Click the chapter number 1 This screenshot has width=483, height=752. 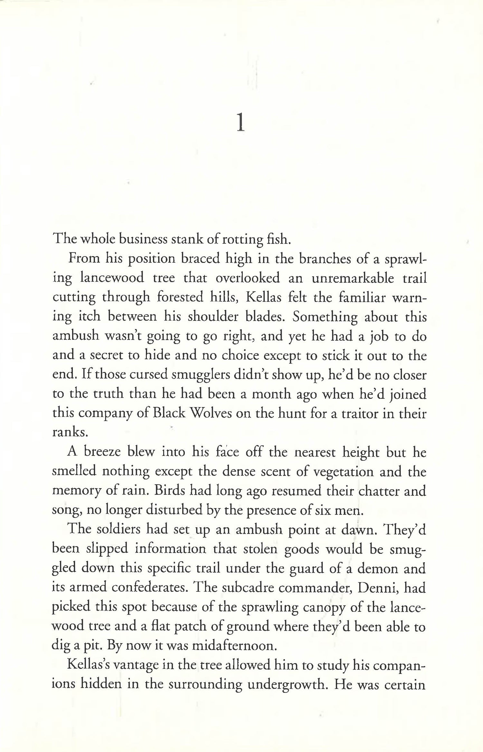point(241,124)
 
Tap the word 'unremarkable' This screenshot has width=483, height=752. point(353,278)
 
